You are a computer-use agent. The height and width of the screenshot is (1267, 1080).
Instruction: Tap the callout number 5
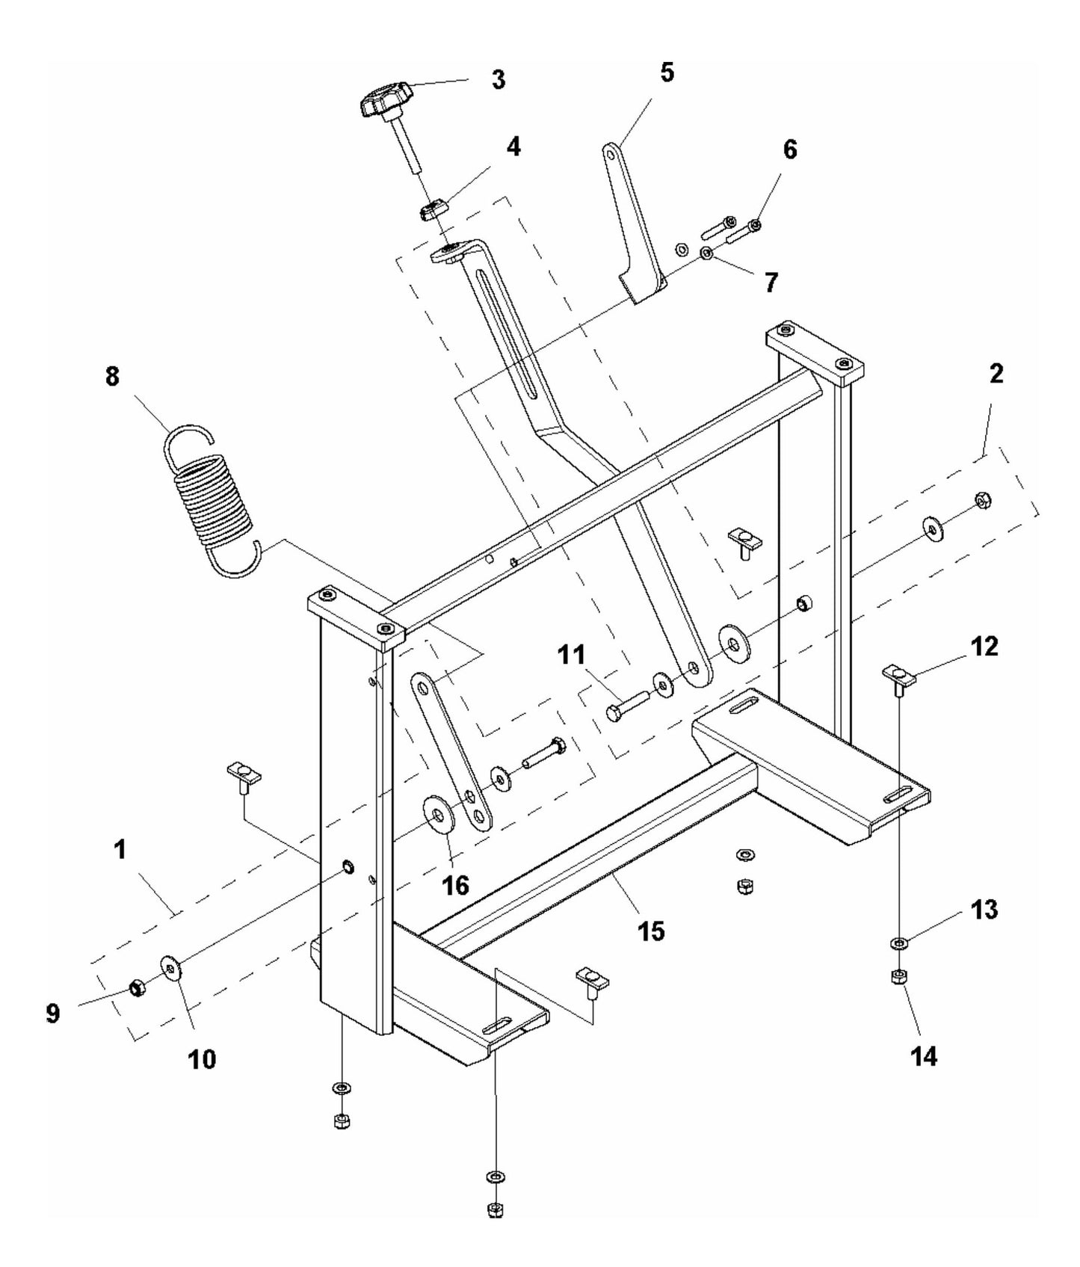[666, 73]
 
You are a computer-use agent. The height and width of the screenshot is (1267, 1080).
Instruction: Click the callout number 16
[455, 886]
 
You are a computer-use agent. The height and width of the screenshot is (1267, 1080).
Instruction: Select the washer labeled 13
[899, 943]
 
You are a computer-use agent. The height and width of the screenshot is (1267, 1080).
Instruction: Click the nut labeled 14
[899, 975]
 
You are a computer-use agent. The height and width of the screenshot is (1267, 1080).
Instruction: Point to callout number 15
[651, 931]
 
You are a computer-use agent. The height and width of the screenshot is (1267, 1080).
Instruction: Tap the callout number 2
[996, 374]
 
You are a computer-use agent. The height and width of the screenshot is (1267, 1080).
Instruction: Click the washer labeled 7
[706, 254]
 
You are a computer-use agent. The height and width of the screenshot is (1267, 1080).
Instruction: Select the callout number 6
[789, 150]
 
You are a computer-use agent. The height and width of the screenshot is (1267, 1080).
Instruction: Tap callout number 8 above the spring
[111, 376]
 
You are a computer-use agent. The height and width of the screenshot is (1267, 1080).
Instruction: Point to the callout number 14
[924, 1056]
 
